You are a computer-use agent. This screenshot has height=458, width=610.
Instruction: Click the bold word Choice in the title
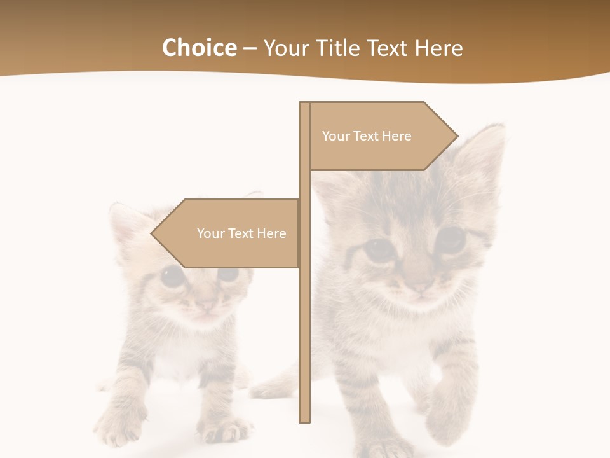[x=199, y=48]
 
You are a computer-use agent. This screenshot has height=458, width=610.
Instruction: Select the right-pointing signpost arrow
[x=381, y=136]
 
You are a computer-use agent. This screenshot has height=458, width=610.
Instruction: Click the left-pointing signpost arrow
[x=229, y=233]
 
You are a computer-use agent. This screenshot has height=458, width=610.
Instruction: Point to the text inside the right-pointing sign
[x=367, y=136]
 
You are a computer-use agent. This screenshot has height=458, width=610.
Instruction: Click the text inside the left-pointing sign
[x=241, y=233]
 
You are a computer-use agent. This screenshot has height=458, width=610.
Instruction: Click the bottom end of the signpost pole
[x=304, y=419]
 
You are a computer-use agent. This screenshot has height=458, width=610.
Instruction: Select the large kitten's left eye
[x=379, y=249]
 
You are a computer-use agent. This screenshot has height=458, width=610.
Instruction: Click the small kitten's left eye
[x=172, y=275]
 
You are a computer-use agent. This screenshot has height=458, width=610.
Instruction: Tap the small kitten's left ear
[x=124, y=219]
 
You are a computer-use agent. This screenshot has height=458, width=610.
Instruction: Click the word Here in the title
[x=438, y=48]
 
